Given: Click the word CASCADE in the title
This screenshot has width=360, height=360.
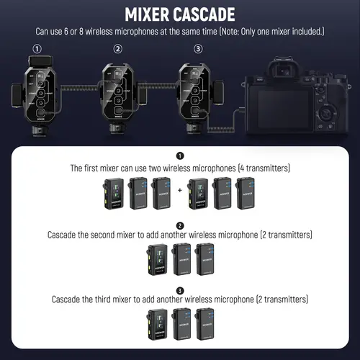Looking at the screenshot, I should pos(209,14).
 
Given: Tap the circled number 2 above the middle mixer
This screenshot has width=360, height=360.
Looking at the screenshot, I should pos(117,50).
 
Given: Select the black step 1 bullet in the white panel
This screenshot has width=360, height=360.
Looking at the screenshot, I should pos(180,156).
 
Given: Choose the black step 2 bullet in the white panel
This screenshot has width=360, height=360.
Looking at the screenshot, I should pos(180,225).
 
